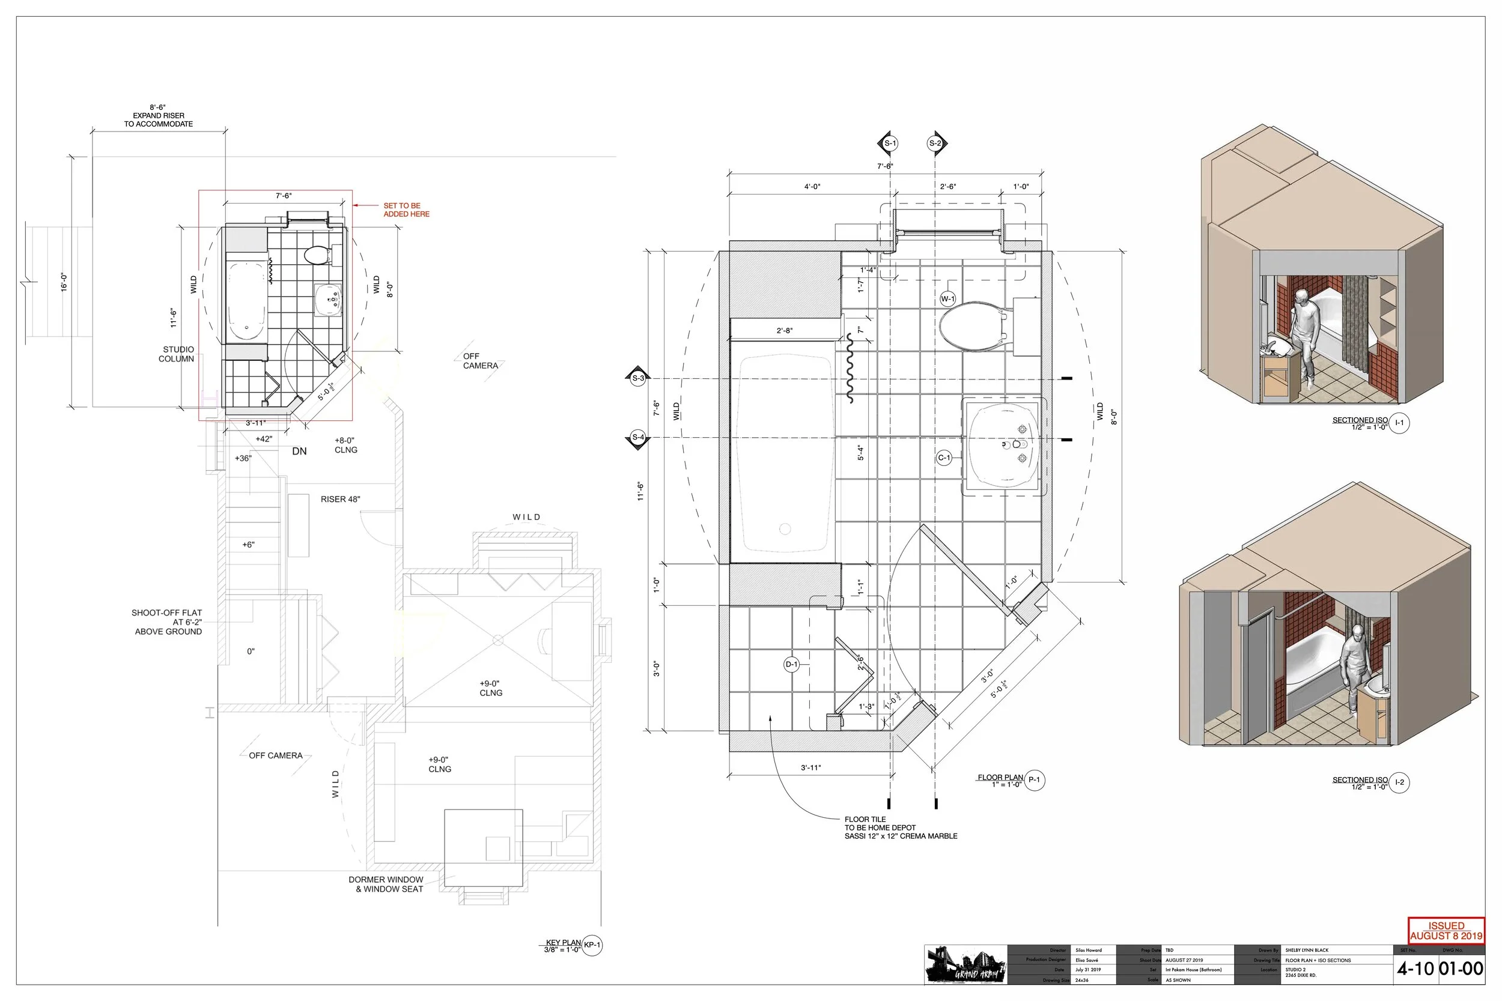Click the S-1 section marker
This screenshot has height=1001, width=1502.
(890, 144)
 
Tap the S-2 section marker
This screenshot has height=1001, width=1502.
(935, 144)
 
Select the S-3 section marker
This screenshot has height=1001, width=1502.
(638, 378)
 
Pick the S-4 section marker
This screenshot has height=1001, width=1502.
(638, 438)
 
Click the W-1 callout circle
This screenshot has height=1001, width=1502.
(947, 299)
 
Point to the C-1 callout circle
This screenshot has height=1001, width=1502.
(944, 458)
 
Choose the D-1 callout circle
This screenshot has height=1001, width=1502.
(791, 665)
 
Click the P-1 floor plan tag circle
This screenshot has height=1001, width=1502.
(1035, 780)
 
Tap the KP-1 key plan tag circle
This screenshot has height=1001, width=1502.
(592, 946)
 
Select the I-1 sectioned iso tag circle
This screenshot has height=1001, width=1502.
(1399, 423)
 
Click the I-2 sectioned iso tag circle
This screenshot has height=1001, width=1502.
(1399, 782)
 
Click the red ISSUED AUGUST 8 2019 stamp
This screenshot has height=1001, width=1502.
(1446, 931)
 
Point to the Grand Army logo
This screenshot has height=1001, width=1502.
(965, 965)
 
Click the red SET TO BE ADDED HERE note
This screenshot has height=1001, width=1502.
(406, 210)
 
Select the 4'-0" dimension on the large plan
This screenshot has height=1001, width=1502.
(812, 187)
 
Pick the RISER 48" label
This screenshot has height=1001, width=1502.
(341, 499)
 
